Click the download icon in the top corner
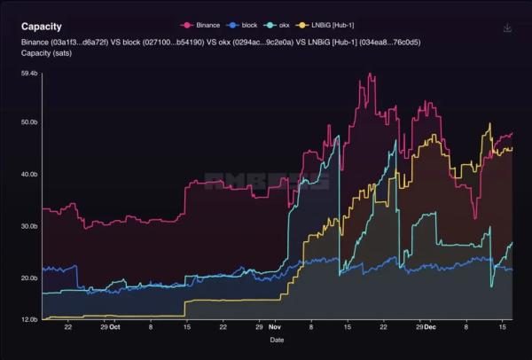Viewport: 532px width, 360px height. coord(507,27)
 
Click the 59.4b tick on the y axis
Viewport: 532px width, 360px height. coord(28,74)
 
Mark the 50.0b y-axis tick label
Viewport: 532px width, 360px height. coord(28,122)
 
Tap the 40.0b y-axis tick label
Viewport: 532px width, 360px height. coord(28,175)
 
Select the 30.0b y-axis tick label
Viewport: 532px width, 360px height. coord(28,226)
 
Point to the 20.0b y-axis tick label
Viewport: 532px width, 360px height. coord(28,278)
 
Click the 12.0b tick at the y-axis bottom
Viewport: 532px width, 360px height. coord(28,319)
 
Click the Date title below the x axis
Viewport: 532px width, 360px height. coord(278,340)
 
